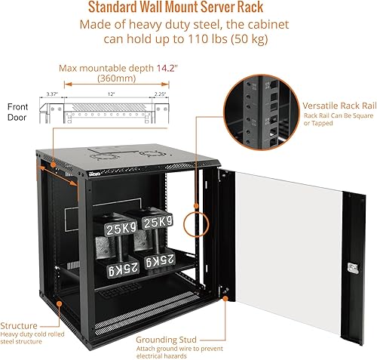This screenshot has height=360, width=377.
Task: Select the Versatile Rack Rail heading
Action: [x=334, y=106]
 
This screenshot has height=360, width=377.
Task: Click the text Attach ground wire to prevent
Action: [x=178, y=349]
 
